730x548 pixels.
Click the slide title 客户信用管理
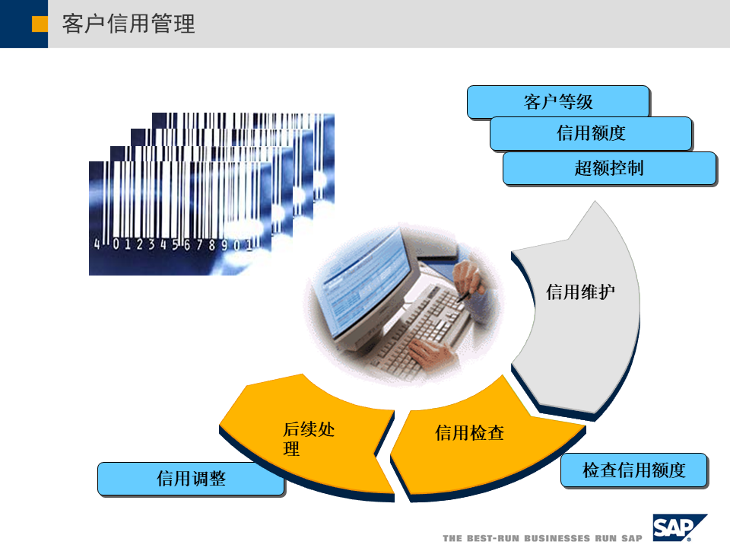coord(129,24)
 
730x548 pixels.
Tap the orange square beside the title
coord(40,24)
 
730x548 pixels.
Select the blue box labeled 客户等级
coord(557,101)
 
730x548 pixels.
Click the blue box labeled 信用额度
coord(590,133)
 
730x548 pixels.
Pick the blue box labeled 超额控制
coord(608,167)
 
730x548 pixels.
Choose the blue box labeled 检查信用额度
coord(633,470)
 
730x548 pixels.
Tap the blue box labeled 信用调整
coord(191,478)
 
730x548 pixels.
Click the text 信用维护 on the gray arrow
coord(580,292)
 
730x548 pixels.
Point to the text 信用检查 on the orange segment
coord(469,433)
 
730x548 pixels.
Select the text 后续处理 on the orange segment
coord(308,438)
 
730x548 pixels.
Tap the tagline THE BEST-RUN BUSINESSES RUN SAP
coord(542,538)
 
